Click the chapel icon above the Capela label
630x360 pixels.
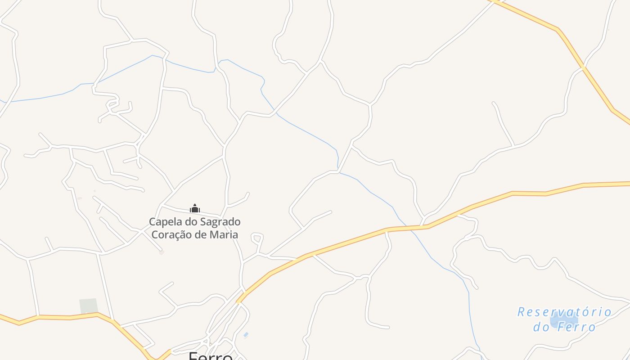click(x=195, y=208)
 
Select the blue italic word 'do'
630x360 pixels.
click(x=541, y=327)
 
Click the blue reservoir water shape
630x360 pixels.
click(x=558, y=320)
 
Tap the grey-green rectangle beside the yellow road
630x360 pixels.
click(x=89, y=306)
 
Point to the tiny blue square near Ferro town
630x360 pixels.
click(x=246, y=335)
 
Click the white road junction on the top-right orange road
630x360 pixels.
click(x=583, y=68)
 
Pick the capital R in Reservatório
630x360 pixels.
click(x=522, y=312)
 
